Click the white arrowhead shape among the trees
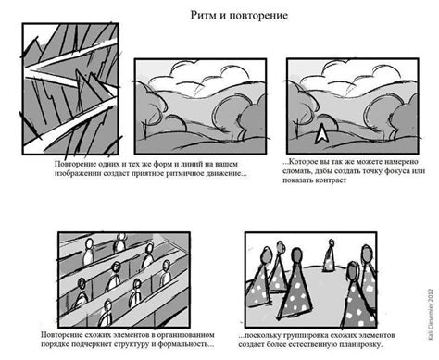322,135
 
